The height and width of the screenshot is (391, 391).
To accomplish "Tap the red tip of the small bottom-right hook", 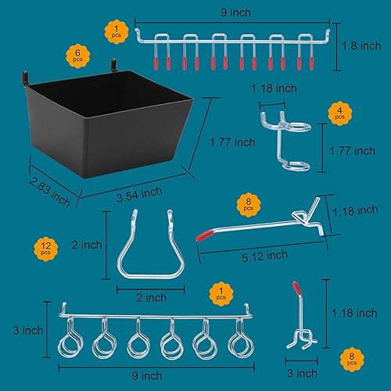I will pos(296,287).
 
